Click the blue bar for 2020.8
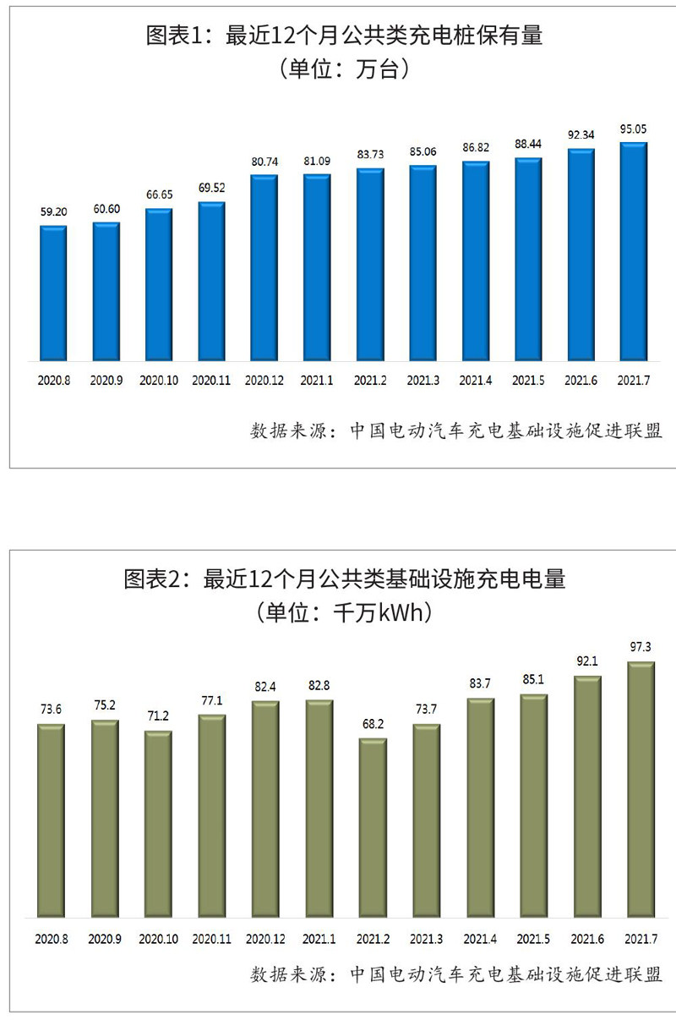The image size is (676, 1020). [53, 293]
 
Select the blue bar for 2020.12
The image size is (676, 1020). [264, 268]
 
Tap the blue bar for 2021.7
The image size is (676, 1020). [633, 252]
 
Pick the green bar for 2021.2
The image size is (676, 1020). [373, 828]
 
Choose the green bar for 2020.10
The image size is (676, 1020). [158, 825]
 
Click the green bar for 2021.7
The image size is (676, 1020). [640, 790]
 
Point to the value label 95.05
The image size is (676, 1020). [633, 129]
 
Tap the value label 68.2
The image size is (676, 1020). [373, 726]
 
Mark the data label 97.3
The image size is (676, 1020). [640, 647]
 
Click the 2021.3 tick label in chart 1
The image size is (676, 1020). [422, 381]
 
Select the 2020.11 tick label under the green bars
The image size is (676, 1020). [211, 939]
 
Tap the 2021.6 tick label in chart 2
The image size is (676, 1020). [586, 939]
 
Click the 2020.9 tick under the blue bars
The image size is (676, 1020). [106, 381]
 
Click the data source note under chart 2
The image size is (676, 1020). [456, 974]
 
